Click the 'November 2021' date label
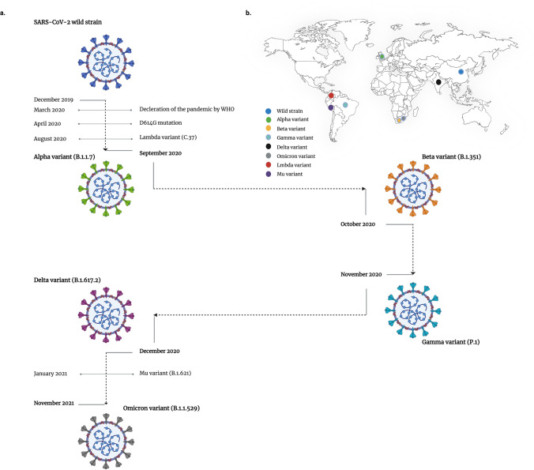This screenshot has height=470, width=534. (55, 403)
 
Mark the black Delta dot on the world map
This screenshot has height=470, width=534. (438, 81)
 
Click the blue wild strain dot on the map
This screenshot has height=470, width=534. (461, 71)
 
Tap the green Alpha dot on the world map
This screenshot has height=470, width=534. (382, 57)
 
